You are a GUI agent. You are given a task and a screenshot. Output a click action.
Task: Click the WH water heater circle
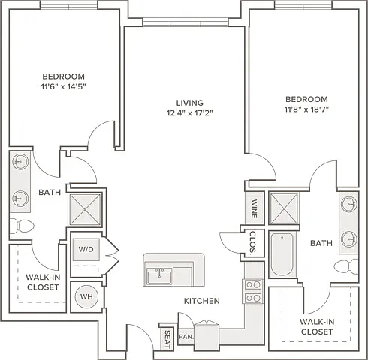coord(86,296)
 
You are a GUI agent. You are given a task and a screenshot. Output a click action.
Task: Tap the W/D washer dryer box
coord(86,249)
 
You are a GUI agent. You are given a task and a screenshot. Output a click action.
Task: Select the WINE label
coord(254,208)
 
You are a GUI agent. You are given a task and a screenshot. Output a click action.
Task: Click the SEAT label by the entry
coord(167,339)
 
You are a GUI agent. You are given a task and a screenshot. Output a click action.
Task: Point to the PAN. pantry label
coord(186,337)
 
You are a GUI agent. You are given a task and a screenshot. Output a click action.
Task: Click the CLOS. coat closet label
coord(253,242)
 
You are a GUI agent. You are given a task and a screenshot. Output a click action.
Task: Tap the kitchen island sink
coord(159,276)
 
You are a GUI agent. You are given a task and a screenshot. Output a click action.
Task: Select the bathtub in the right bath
coord(282,254)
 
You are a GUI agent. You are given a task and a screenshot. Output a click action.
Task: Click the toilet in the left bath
coord(22,226)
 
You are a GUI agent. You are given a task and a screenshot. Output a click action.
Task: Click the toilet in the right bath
coord(346,266)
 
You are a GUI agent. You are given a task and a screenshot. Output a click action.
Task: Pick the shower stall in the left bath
coord(85,209)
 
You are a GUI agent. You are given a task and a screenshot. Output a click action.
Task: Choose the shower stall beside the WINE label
coord(284,208)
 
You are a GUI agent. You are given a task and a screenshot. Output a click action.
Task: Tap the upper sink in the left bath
coord(20,162)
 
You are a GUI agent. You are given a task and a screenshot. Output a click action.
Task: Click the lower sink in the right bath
coord(349,239)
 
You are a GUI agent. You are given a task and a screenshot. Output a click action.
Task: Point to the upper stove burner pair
coord(253,285)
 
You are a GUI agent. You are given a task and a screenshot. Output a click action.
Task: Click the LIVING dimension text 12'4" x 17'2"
coord(190,113)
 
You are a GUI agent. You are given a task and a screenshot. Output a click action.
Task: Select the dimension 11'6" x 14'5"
coord(64,86)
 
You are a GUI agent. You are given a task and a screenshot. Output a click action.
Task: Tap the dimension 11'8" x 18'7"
coord(306,109)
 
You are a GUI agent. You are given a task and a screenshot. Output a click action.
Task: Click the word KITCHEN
coord(202,301)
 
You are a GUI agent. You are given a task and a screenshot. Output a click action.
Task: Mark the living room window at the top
coord(186,22)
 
